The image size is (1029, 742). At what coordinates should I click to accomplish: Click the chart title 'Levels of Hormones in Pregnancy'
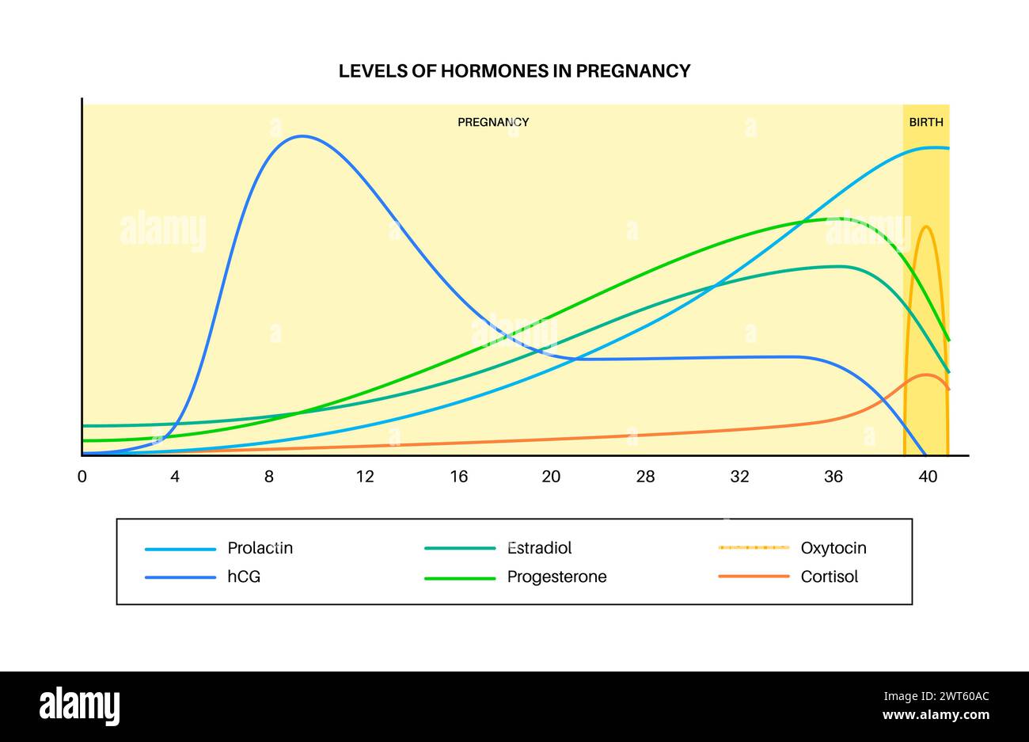514,71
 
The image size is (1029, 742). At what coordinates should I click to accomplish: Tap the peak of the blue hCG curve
302,136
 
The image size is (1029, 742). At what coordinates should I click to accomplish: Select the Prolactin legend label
260,548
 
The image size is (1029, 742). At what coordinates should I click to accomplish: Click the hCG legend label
243,576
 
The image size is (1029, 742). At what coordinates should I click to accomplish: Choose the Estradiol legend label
539,548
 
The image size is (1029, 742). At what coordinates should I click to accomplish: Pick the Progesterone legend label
556,576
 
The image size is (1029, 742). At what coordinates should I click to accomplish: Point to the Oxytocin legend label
833,548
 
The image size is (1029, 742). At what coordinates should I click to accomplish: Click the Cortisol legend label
829,576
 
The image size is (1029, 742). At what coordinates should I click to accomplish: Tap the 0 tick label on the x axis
82,477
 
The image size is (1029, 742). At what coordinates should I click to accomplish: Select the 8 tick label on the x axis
269,477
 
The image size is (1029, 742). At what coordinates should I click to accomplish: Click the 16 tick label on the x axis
458,477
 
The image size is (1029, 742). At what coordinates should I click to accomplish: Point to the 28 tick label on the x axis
646,477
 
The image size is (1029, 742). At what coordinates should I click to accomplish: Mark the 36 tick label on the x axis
833,477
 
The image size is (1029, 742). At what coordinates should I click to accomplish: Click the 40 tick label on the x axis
927,477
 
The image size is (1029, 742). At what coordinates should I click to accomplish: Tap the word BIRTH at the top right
925,123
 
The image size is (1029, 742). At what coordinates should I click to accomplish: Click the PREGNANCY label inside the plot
493,123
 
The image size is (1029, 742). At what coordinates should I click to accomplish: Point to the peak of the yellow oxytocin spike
925,226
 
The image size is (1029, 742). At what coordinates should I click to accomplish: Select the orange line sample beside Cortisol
754,576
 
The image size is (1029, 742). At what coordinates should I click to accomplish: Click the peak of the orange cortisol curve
925,375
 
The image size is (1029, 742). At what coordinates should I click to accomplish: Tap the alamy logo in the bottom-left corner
79,706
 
